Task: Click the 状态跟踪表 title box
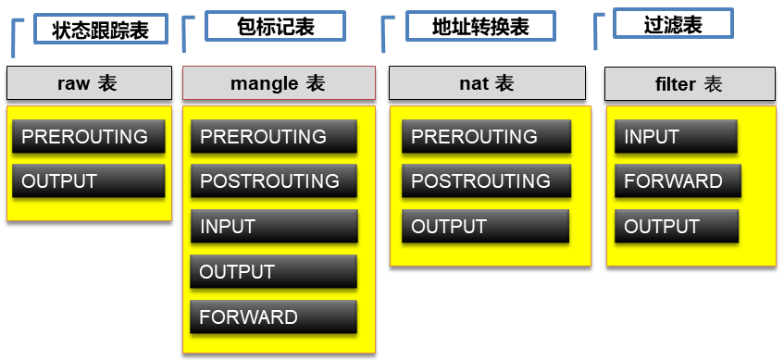(x=100, y=30)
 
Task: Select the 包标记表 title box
(x=275, y=26)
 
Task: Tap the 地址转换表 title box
(x=480, y=26)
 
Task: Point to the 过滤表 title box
(x=673, y=23)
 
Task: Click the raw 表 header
(x=89, y=83)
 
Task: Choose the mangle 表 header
(x=279, y=83)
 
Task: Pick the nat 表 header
(x=487, y=83)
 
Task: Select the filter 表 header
(x=690, y=84)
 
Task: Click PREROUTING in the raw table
(x=89, y=136)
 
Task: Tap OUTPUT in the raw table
(x=89, y=180)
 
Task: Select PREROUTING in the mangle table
(x=273, y=136)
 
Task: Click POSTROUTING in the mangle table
(x=273, y=180)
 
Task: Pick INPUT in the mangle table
(x=274, y=227)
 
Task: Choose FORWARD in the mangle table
(x=273, y=317)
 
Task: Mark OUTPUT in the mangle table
(x=273, y=271)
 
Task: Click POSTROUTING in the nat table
(x=486, y=180)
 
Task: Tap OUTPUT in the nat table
(x=485, y=227)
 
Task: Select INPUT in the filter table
(x=676, y=136)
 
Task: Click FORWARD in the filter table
(x=678, y=180)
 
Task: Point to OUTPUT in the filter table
(x=677, y=227)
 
